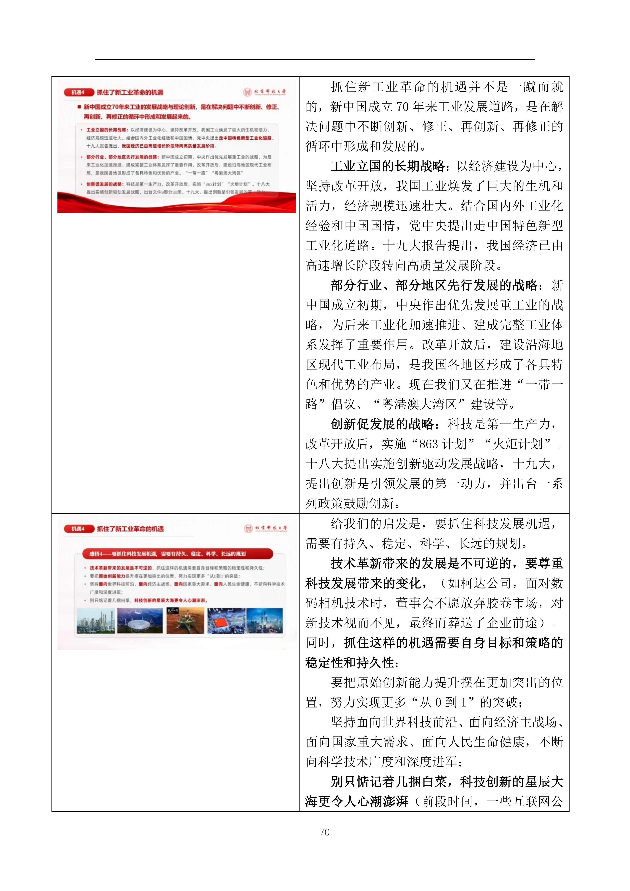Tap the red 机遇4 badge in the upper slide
click(78, 92)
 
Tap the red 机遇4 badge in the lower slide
click(78, 529)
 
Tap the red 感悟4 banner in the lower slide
click(178, 554)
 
